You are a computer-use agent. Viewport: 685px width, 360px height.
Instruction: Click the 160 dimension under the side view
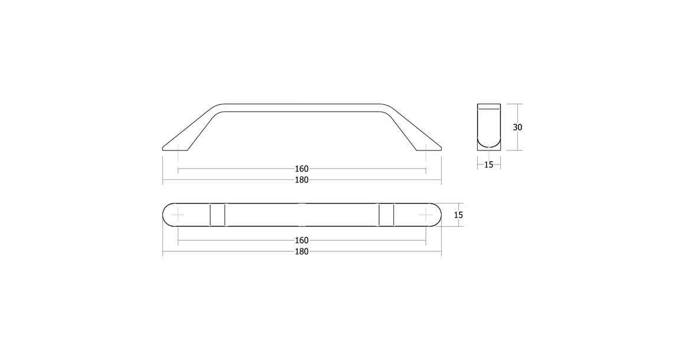coord(301,168)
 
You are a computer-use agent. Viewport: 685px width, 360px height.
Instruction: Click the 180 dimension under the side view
coord(301,180)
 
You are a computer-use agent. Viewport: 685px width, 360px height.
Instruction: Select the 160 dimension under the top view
coord(301,240)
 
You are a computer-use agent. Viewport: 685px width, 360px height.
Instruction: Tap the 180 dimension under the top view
coord(301,251)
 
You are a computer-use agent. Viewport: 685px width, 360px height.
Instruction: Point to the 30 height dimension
coord(517,127)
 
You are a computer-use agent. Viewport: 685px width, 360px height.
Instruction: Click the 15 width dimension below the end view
coord(488,165)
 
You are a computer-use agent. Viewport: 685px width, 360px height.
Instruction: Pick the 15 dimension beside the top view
coord(458,215)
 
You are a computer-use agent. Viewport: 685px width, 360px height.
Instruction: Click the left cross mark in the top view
coord(178,215)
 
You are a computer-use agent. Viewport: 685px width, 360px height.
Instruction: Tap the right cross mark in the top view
coord(426,215)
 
